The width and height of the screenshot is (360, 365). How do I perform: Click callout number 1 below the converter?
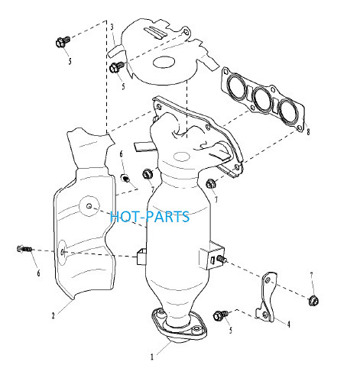pos(152,357)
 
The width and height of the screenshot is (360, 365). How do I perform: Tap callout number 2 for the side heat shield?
pos(53,316)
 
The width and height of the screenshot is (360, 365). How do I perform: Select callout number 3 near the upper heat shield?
pos(112,27)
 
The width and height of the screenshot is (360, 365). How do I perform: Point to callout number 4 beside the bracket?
pos(289,325)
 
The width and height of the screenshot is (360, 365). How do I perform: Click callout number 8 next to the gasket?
pos(308,132)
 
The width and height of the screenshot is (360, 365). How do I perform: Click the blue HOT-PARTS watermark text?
pos(150,217)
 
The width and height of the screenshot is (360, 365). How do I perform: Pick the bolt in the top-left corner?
pos(63,42)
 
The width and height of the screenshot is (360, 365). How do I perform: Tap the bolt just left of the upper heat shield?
pos(116,67)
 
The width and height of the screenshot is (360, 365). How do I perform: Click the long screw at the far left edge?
pos(24,248)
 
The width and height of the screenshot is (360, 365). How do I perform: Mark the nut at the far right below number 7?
pos(313,301)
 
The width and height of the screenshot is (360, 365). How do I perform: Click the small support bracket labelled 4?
pos(266,297)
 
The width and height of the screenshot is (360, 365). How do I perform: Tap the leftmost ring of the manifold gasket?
pos(237,86)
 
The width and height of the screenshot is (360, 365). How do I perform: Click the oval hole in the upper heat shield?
pos(164,63)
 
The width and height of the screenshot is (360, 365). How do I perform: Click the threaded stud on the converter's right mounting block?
pos(222,259)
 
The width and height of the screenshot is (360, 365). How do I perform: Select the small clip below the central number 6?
pos(125,178)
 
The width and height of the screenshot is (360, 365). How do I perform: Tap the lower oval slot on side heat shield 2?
pos(63,252)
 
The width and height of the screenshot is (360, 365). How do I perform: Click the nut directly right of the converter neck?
pos(210,183)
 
